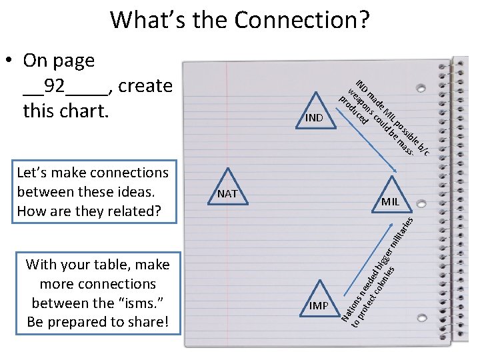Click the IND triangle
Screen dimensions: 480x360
click(x=314, y=114)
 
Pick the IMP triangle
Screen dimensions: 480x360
click(x=318, y=303)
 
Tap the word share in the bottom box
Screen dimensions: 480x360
click(x=147, y=322)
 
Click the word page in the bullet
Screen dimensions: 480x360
click(x=73, y=61)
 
